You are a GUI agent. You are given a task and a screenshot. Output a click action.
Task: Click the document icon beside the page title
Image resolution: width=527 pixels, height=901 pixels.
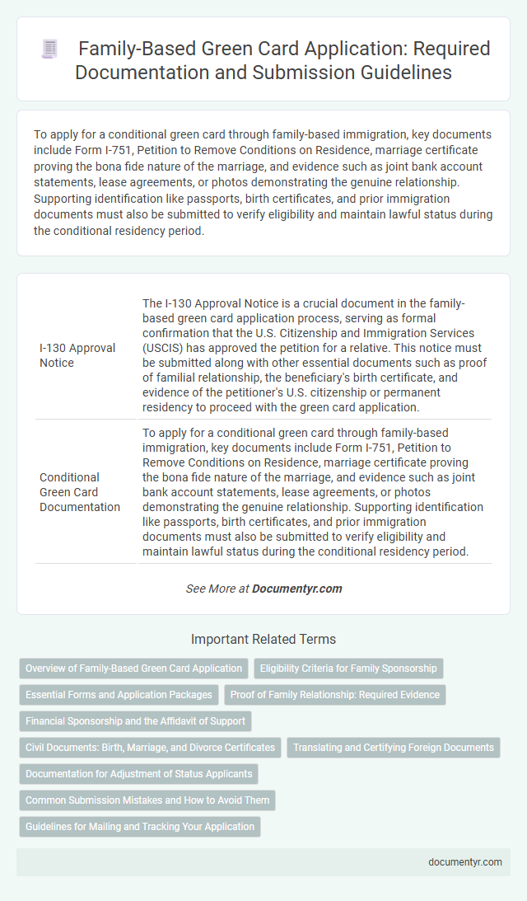click(x=49, y=49)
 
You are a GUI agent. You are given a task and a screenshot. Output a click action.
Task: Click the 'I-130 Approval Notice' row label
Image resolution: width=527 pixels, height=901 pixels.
click(x=77, y=355)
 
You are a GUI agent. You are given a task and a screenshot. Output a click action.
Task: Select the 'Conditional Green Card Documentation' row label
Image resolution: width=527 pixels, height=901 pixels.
click(x=80, y=491)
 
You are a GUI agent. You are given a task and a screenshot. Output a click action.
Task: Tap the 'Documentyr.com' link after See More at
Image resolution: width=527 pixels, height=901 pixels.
click(x=297, y=589)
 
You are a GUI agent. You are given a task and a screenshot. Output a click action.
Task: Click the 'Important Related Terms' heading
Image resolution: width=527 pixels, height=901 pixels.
click(x=263, y=639)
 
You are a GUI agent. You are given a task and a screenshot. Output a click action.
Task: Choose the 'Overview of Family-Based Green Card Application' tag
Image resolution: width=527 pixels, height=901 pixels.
click(x=134, y=669)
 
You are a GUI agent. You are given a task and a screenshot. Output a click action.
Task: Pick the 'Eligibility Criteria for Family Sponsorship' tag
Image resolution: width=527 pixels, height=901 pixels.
click(x=349, y=669)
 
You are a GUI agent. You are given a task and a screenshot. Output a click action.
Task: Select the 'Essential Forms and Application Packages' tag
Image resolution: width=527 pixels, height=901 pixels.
click(x=119, y=695)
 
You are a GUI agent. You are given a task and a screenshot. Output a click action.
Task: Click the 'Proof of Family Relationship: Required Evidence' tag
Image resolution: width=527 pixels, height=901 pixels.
click(x=335, y=695)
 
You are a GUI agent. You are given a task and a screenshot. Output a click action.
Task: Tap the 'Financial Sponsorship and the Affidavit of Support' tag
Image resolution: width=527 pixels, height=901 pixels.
click(x=135, y=721)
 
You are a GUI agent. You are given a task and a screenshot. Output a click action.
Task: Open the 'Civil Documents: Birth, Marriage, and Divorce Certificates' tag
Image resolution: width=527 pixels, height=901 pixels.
click(x=150, y=748)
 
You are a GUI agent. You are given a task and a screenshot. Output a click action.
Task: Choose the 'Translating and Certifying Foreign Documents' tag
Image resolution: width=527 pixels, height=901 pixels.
click(x=394, y=748)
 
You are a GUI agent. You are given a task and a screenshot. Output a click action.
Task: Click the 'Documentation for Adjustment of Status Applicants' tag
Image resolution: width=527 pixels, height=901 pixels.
click(x=138, y=774)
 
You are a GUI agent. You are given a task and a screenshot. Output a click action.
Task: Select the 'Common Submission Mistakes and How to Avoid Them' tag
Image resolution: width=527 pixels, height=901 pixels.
click(x=147, y=800)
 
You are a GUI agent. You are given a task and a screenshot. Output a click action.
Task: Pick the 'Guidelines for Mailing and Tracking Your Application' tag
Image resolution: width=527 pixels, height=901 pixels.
click(x=140, y=827)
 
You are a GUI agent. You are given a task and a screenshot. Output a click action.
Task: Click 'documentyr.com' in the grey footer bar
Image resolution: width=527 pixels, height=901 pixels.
click(x=466, y=861)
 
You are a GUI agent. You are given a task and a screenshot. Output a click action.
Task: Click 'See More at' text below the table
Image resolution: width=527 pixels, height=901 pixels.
click(x=217, y=589)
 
